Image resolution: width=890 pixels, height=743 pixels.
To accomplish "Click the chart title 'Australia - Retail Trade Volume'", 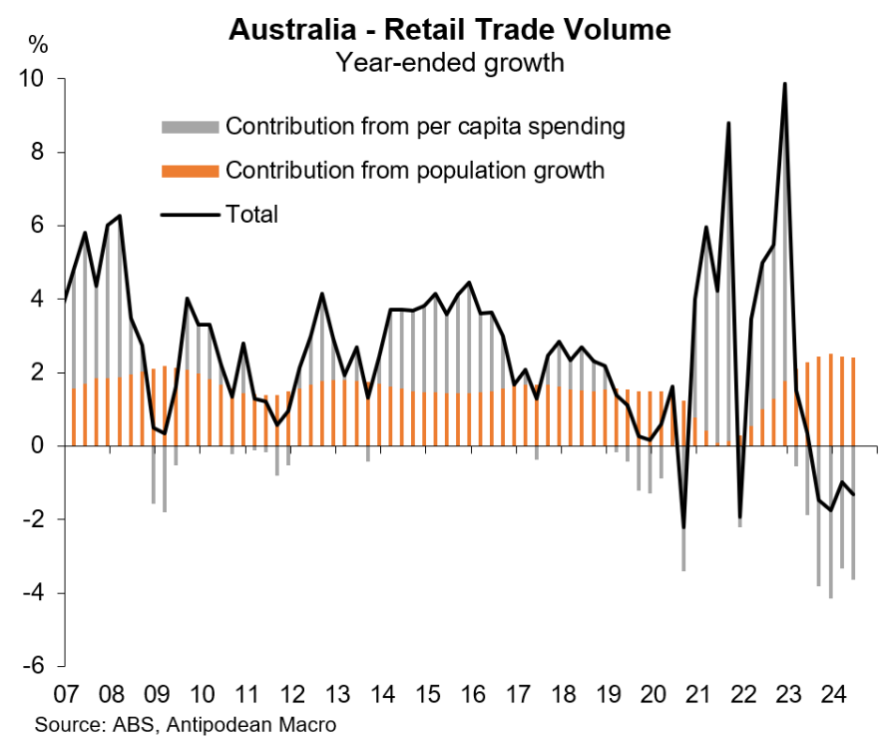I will pos(449,29).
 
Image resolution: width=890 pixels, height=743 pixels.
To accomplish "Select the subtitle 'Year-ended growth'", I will pos(450,63).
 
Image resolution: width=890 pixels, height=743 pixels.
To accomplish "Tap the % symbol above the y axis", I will pos(38,44).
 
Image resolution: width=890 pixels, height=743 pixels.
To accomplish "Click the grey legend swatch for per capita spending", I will pos(190,128).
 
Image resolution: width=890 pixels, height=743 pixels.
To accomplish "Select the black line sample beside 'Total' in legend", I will pos(190,214).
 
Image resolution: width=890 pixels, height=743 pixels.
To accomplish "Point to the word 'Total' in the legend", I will pos(251,214).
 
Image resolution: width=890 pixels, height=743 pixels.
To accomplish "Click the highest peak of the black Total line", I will pos(785,84).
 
